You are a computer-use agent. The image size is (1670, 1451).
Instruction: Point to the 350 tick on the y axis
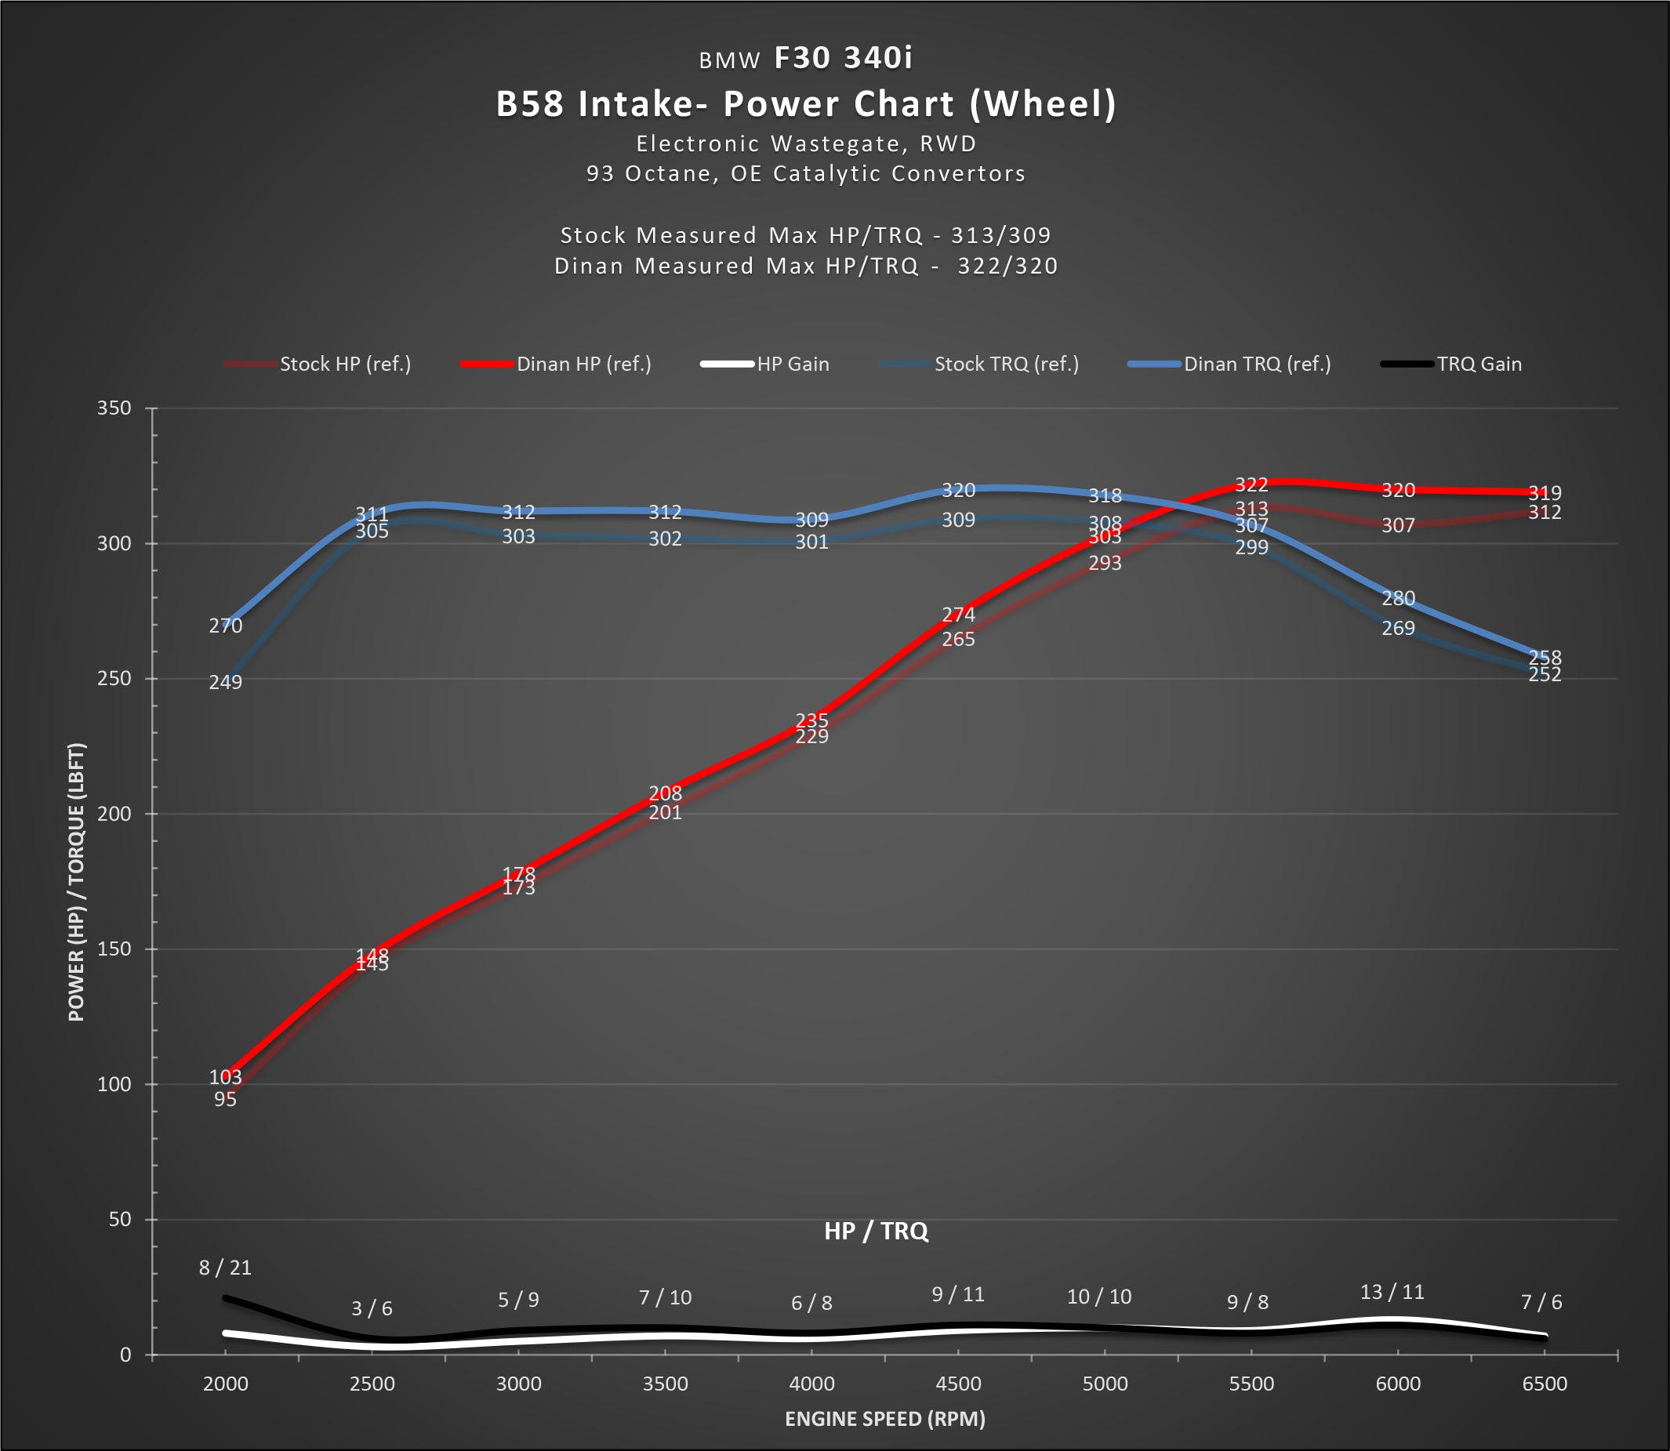pyautogui.click(x=114, y=408)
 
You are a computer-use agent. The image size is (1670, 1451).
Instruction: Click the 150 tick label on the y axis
pyautogui.click(x=114, y=949)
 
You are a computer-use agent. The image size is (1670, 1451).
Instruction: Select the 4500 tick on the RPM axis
pyautogui.click(x=958, y=1384)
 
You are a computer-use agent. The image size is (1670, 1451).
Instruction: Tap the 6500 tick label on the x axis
pyautogui.click(x=1545, y=1384)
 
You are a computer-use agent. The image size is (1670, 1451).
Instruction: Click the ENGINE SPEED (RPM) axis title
pyautogui.click(x=884, y=1420)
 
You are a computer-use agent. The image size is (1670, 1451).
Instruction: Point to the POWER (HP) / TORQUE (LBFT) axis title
pyautogui.click(x=76, y=882)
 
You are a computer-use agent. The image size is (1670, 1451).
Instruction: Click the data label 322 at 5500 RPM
pyautogui.click(x=1251, y=485)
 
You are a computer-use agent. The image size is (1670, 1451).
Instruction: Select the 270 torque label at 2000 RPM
pyautogui.click(x=225, y=626)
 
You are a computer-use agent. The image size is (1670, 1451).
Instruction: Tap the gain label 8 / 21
pyautogui.click(x=225, y=1268)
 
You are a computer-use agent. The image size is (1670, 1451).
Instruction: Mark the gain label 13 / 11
pyautogui.click(x=1392, y=1293)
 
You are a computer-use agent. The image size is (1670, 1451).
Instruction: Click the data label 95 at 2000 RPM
pyautogui.click(x=225, y=1100)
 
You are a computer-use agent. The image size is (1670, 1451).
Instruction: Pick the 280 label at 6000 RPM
pyautogui.click(x=1398, y=598)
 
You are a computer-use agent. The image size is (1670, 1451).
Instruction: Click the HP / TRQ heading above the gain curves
pyautogui.click(x=876, y=1232)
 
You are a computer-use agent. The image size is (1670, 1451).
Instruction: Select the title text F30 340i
pyautogui.click(x=843, y=58)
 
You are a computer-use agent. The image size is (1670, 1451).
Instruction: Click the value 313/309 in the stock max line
pyautogui.click(x=1000, y=236)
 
